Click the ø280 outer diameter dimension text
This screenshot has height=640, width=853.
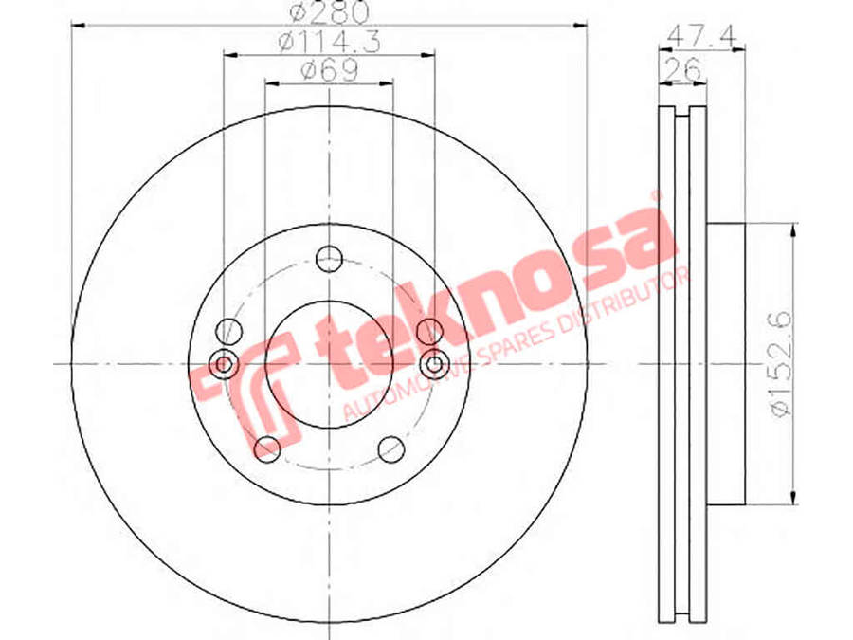(330, 12)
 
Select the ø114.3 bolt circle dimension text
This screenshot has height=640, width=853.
(329, 42)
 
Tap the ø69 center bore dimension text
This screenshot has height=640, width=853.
(329, 70)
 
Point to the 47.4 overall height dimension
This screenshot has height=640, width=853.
(701, 36)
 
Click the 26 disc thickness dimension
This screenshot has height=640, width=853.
(682, 68)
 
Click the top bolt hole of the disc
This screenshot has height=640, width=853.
(329, 258)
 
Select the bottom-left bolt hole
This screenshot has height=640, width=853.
(267, 449)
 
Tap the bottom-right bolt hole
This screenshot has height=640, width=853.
(391, 449)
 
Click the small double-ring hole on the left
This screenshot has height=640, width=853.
(223, 363)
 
